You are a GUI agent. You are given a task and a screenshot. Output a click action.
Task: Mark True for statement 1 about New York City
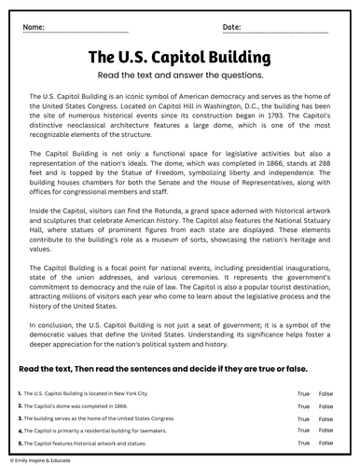click(303, 395)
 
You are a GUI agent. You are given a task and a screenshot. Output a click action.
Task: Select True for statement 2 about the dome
click(303, 407)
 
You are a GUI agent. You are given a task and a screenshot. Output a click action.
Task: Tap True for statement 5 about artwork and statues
click(303, 444)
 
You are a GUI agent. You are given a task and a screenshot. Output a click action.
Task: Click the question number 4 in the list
click(20, 432)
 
